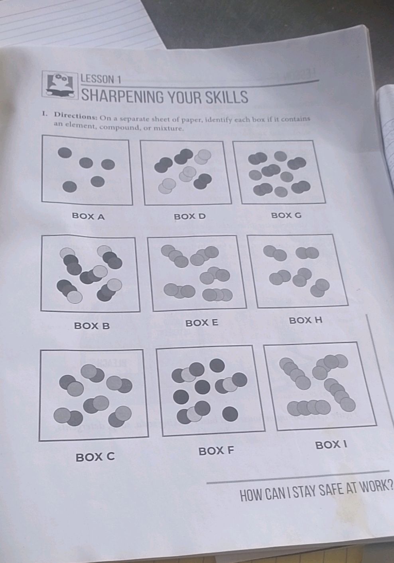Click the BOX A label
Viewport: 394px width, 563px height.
(88, 217)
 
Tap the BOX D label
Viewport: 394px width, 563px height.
(190, 217)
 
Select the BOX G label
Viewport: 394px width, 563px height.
(286, 215)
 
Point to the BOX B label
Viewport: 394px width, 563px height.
(92, 326)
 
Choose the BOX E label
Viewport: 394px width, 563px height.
(202, 322)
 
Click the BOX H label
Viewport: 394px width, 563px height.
(305, 320)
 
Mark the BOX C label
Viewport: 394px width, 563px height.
(95, 457)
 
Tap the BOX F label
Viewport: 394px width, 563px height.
(216, 451)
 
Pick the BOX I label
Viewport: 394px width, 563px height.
(331, 444)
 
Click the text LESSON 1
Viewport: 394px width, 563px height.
(100, 79)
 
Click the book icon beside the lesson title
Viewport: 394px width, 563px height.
(60, 85)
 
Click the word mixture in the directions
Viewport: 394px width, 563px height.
(168, 128)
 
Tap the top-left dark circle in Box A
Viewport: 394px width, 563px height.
(65, 152)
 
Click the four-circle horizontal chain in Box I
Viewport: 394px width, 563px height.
(309, 407)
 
